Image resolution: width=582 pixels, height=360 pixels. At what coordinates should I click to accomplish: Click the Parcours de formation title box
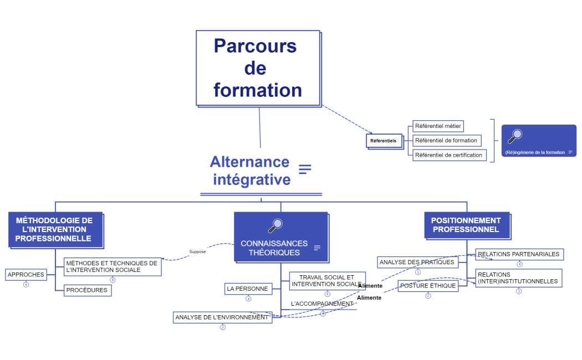(258, 68)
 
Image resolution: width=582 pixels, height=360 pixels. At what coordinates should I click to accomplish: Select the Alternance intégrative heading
(250, 171)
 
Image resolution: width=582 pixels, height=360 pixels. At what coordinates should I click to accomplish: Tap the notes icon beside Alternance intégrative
(305, 169)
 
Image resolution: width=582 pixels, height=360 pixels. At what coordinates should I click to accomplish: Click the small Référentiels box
(384, 141)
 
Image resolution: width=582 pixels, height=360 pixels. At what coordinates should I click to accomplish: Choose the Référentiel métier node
(438, 126)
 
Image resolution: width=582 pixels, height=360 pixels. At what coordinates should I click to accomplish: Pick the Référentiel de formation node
(446, 141)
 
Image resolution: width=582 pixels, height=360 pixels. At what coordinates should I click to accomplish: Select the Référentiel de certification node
(449, 155)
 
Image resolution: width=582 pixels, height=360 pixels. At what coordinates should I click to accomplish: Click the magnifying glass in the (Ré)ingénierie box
(515, 136)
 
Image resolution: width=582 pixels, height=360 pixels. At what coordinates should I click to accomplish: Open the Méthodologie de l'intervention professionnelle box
(55, 229)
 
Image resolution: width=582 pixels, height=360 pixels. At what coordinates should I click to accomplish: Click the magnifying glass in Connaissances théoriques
(275, 225)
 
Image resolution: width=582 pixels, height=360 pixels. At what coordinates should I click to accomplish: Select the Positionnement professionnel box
(466, 225)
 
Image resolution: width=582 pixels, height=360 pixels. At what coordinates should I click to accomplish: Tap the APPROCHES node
(26, 275)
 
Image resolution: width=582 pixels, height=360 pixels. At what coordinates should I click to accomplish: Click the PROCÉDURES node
(87, 290)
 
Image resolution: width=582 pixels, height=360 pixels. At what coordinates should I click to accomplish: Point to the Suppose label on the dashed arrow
(197, 252)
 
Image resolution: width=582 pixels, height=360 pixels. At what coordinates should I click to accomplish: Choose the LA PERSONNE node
(248, 289)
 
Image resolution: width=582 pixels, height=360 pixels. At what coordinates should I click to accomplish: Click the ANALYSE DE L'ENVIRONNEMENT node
(222, 317)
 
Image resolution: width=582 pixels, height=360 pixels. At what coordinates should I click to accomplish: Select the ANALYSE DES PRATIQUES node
(417, 263)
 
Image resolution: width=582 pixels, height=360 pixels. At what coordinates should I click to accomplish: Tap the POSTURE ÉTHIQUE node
(428, 286)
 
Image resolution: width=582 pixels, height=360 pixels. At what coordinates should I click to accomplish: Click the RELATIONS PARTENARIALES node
(519, 254)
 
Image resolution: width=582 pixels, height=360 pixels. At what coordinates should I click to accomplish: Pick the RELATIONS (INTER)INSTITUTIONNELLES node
(518, 278)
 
